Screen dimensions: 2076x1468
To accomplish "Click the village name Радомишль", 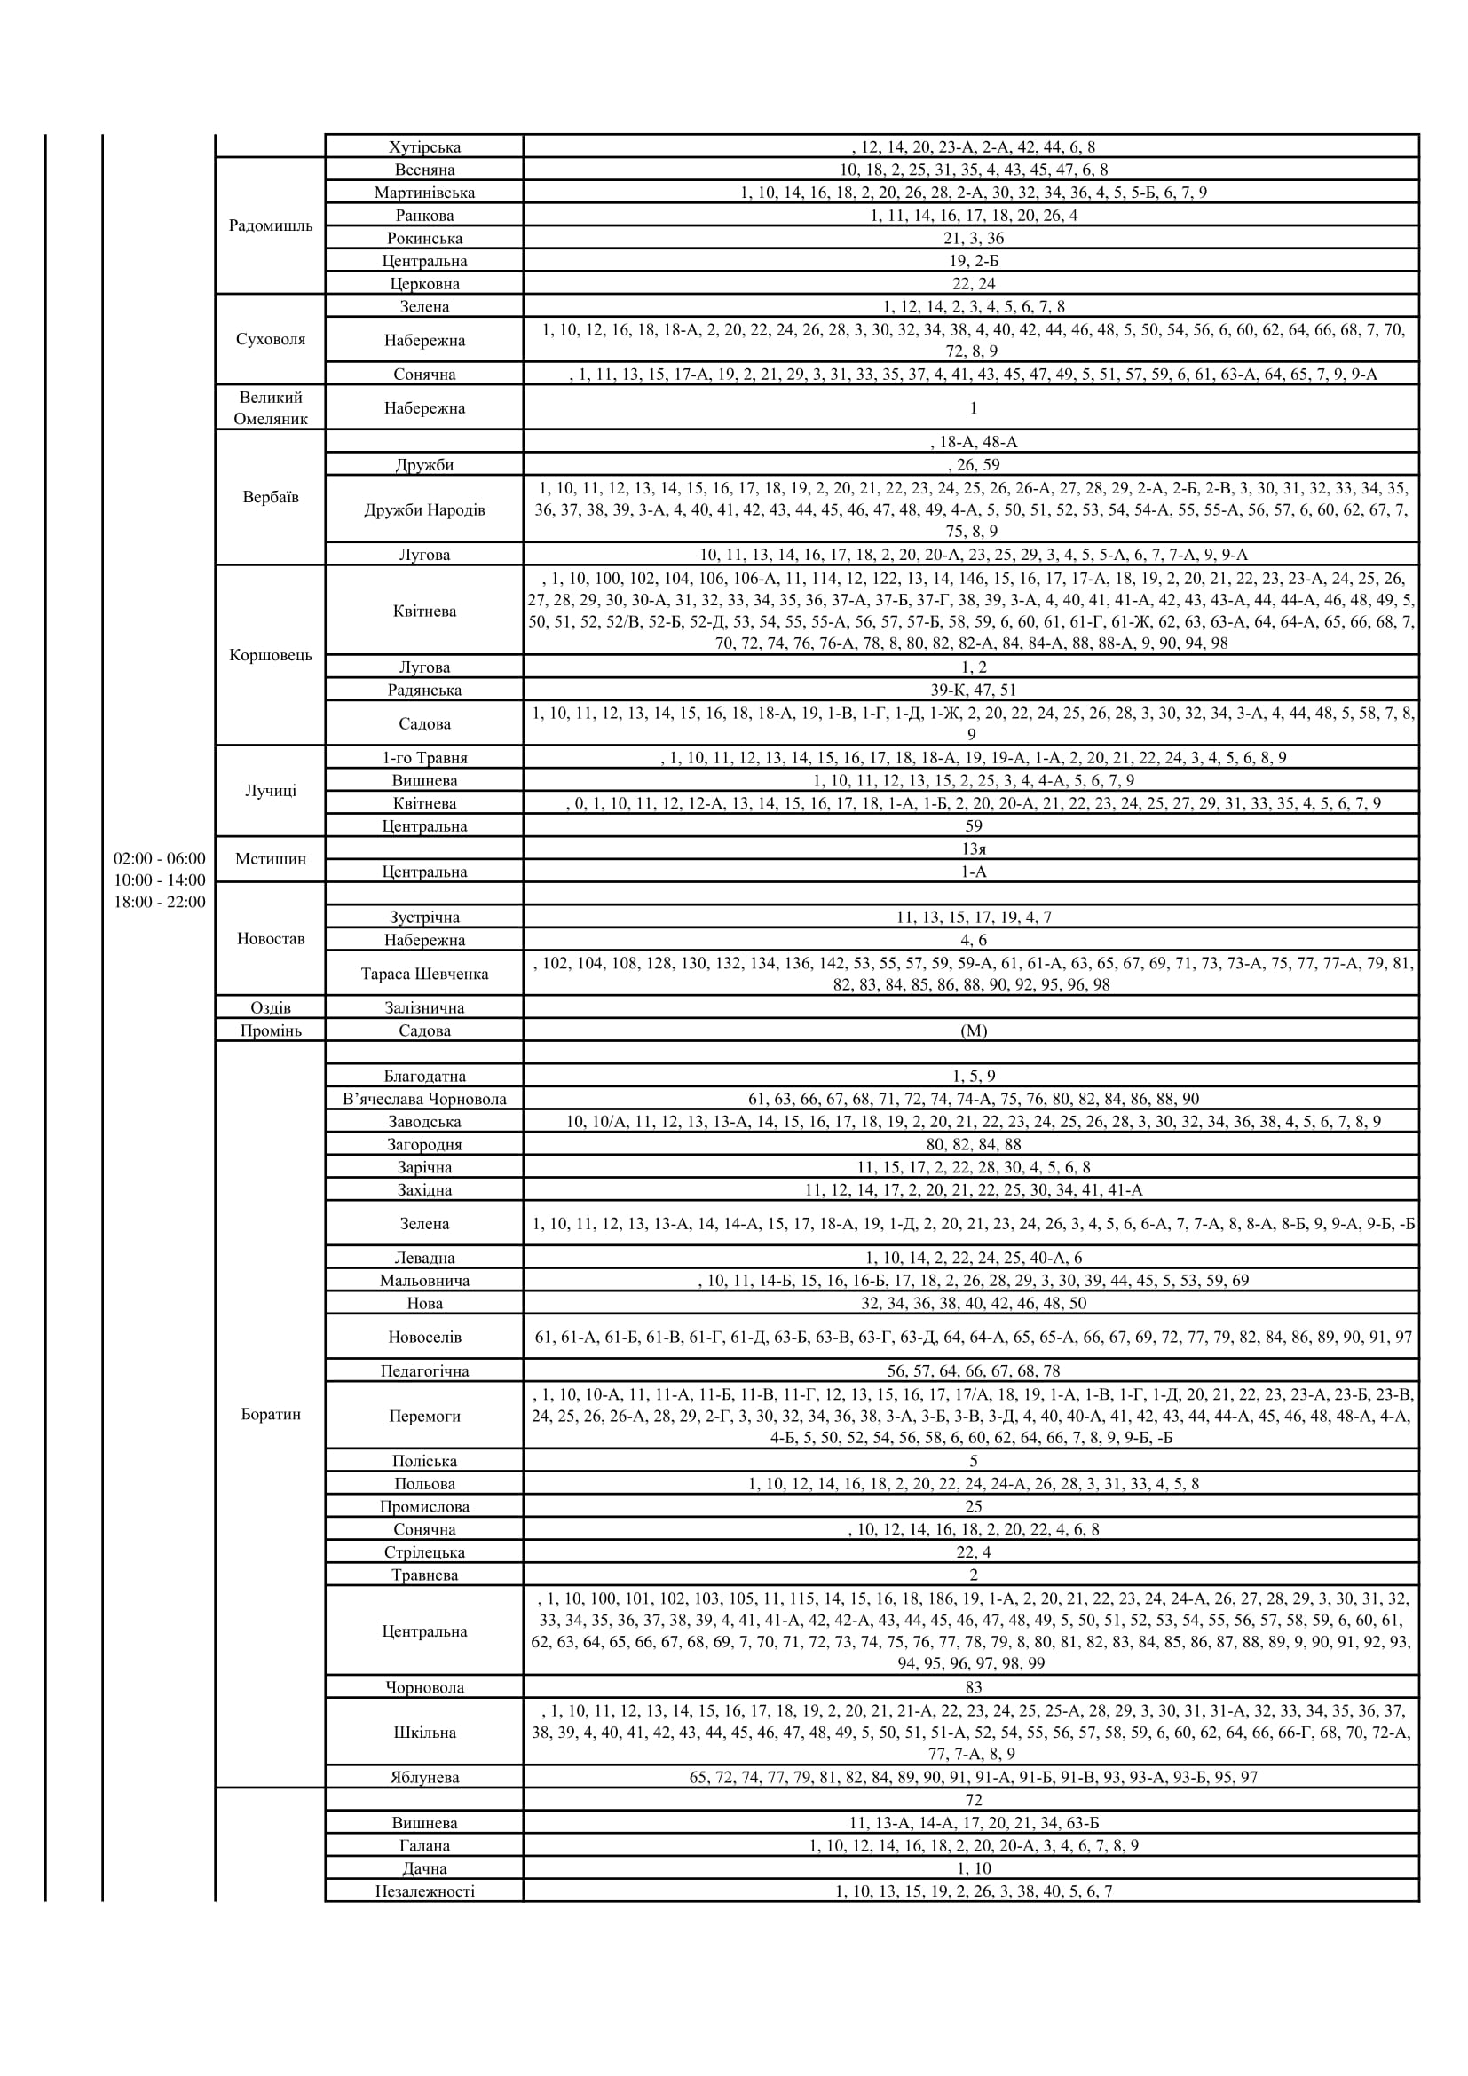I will point(271,225).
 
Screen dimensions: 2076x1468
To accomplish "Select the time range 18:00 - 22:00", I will point(159,902).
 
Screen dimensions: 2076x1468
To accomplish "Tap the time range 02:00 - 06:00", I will point(159,858).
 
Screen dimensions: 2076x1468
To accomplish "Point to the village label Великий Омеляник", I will point(271,407).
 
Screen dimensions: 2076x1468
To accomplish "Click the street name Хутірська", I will point(424,146).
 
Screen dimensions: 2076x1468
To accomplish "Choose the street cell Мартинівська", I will point(424,193).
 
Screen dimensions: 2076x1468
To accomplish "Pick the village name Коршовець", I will point(271,655).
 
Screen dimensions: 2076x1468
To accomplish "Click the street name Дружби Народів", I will point(424,509).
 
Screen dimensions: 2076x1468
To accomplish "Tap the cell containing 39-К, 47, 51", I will point(973,690).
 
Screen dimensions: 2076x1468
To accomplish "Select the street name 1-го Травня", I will point(424,758).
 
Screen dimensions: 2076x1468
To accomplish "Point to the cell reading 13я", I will point(973,849).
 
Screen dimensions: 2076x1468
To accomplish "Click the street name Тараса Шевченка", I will point(424,974).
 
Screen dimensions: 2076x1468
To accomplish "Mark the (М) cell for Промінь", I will point(973,1030).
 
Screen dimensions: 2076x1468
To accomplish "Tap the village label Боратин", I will point(271,1414).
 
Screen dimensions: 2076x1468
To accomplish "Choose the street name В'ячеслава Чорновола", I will point(424,1099).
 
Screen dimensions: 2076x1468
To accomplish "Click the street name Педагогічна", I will point(424,1370).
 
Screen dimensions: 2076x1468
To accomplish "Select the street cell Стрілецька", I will point(424,1551).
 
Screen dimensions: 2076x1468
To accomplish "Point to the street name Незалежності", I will point(424,1891).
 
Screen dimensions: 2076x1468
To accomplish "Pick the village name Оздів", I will point(271,1007).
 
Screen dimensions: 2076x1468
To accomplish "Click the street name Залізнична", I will point(424,1007).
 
